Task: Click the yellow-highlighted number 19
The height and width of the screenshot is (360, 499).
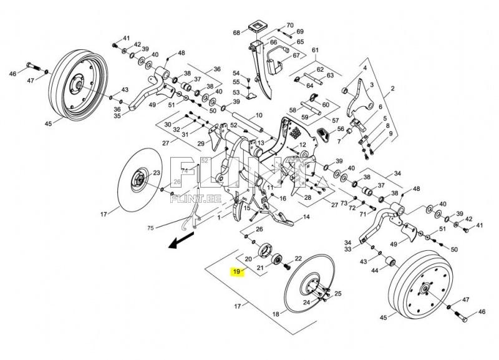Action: click(236, 271)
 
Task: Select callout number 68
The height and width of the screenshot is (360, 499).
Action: click(237, 32)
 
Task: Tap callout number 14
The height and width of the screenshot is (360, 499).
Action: click(306, 217)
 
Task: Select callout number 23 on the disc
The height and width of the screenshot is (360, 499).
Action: click(156, 173)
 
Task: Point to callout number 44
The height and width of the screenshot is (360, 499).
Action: click(375, 270)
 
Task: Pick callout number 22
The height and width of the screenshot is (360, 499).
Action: click(298, 258)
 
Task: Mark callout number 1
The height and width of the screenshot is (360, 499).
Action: click(218, 219)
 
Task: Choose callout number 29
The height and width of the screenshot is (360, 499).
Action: click(201, 144)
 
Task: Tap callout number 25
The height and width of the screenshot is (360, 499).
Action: click(337, 293)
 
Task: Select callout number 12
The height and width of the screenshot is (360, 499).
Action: click(303, 145)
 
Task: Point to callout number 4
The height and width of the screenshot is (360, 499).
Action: click(366, 67)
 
